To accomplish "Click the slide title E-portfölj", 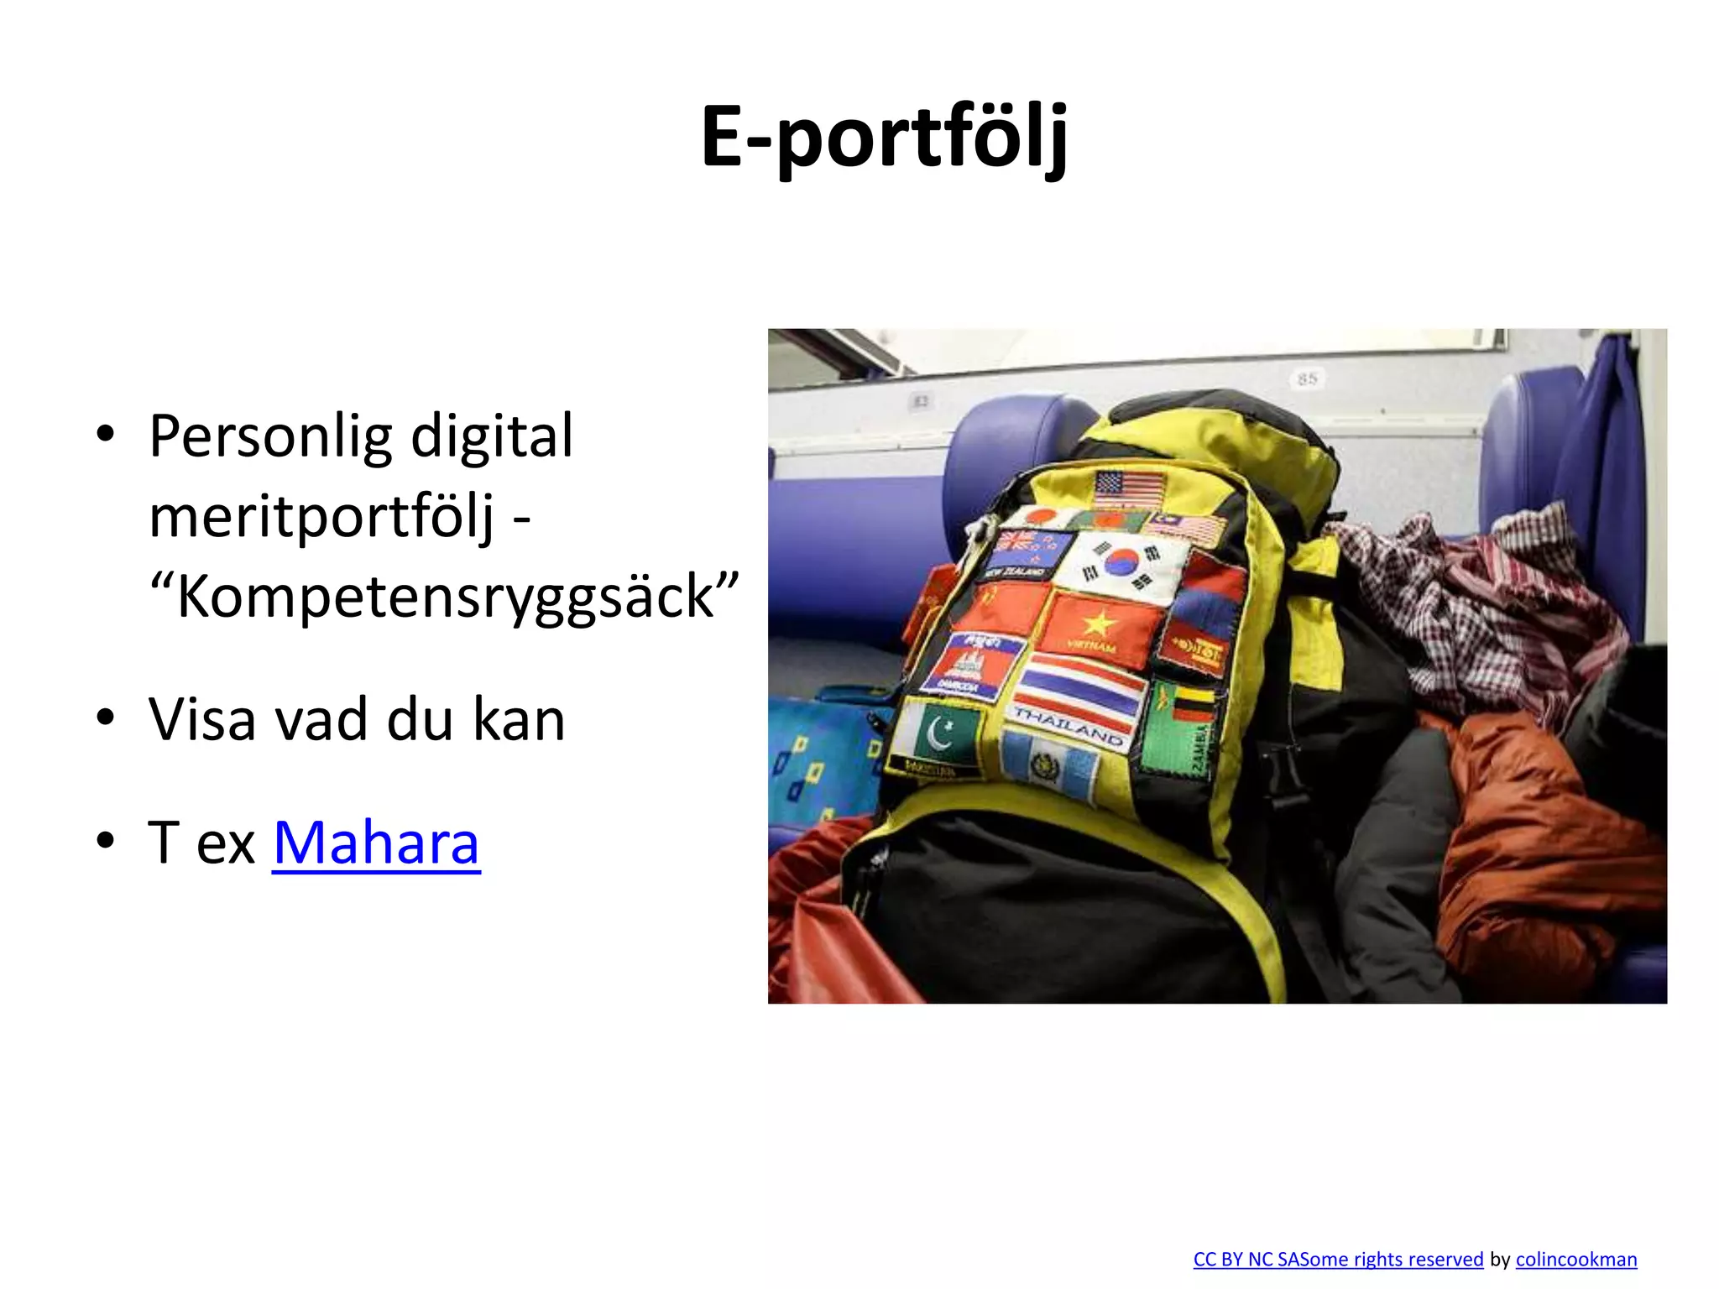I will pyautogui.click(x=885, y=137).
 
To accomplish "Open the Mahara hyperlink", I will pyautogui.click(x=376, y=843).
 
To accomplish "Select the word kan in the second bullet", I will pyautogui.click(x=519, y=720).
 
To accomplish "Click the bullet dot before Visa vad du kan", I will pyautogui.click(x=105, y=719).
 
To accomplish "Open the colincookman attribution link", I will pyautogui.click(x=1575, y=1260).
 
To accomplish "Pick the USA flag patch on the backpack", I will pyautogui.click(x=1130, y=487).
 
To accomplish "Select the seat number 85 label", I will pyautogui.click(x=1307, y=379).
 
